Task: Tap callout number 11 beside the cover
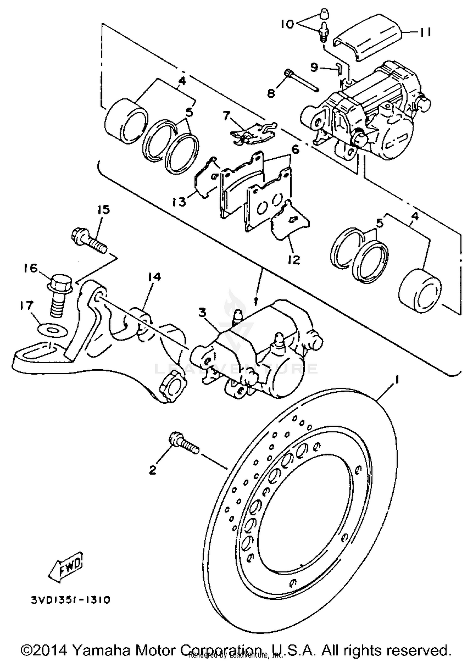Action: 425,32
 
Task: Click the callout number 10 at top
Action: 287,24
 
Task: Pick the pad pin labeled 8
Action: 301,81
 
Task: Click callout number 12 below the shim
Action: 294,260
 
